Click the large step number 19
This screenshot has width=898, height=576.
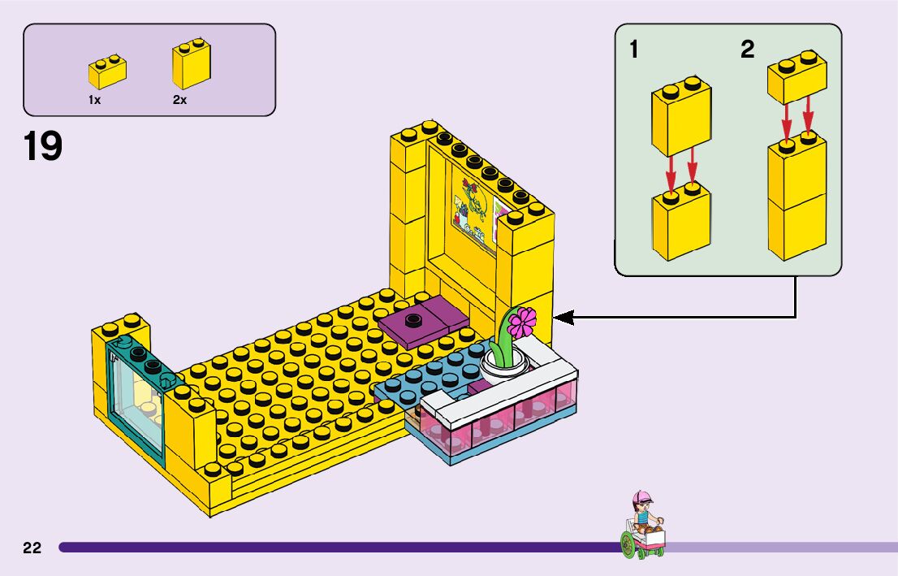(43, 147)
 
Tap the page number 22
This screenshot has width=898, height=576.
(32, 548)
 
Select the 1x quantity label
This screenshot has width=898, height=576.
(95, 99)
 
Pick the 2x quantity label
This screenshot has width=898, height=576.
(179, 99)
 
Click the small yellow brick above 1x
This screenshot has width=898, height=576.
(106, 74)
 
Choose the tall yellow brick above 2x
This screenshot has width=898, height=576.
(191, 67)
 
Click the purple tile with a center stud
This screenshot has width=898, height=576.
(422, 320)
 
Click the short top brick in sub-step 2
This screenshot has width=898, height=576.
(797, 80)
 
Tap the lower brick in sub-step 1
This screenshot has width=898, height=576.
(681, 225)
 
